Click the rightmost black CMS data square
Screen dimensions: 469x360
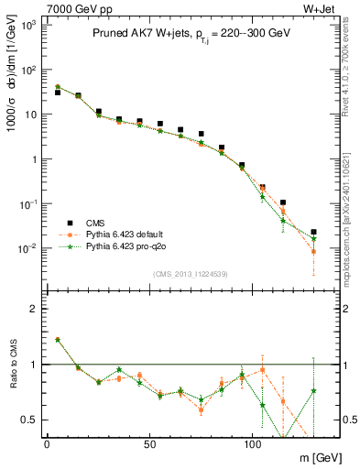tap(313, 233)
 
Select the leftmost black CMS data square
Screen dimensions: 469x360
tap(58, 93)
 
